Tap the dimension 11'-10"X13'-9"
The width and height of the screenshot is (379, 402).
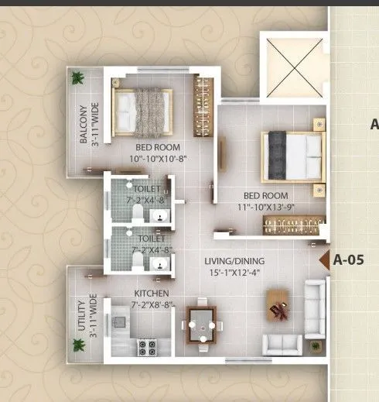(x=261, y=207)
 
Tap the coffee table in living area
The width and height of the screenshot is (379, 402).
(x=278, y=305)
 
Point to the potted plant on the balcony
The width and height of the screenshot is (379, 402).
(x=77, y=77)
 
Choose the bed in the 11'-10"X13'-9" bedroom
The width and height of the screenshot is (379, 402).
(x=293, y=155)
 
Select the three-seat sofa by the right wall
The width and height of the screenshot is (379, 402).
(x=315, y=308)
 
